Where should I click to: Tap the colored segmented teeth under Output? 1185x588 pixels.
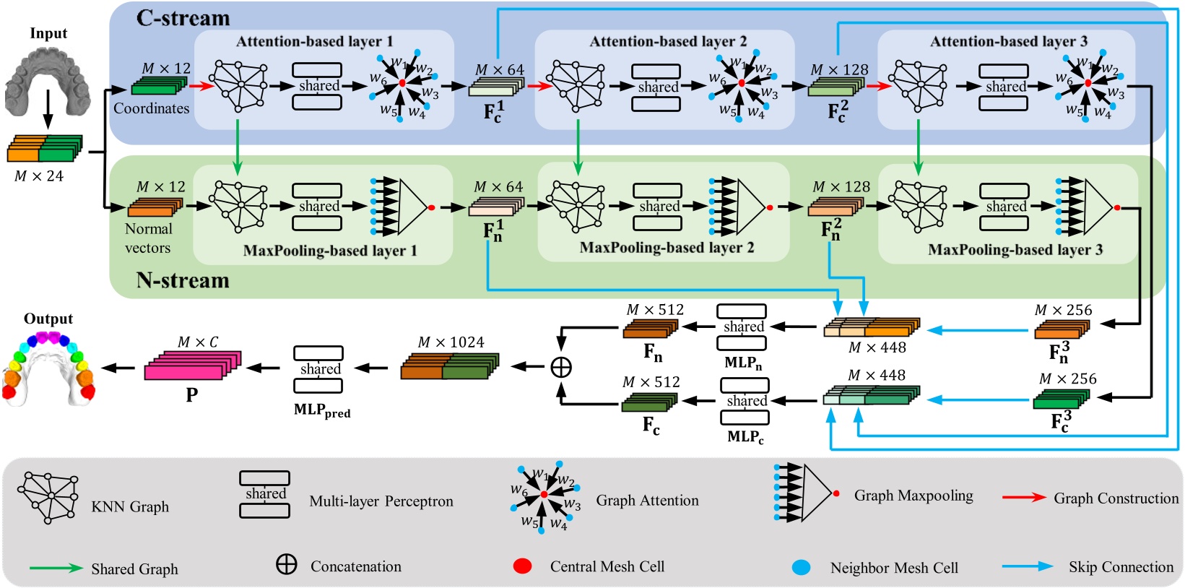(48, 367)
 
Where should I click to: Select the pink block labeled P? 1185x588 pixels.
(192, 366)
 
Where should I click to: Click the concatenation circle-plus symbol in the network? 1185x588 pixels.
(561, 367)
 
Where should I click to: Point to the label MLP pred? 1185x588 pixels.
(322, 410)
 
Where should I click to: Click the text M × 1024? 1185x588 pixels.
(451, 342)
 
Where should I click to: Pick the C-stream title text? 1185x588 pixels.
(183, 18)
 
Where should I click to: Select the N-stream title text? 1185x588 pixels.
(183, 280)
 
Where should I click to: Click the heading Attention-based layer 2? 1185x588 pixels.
(668, 41)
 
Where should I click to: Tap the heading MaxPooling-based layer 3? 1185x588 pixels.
(1015, 250)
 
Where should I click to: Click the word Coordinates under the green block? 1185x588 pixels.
(151, 108)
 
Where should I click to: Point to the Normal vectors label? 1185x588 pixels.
(148, 238)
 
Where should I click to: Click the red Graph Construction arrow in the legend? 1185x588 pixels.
(1023, 498)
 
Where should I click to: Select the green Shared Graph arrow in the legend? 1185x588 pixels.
(56, 568)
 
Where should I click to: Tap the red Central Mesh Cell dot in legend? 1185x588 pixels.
(522, 566)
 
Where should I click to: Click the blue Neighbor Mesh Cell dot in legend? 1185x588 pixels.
(801, 567)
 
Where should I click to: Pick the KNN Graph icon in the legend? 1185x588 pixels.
(49, 497)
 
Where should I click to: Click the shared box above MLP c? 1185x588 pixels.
(745, 401)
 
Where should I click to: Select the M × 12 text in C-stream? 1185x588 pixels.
(166, 69)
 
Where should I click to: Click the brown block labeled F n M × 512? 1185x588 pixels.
(650, 329)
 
